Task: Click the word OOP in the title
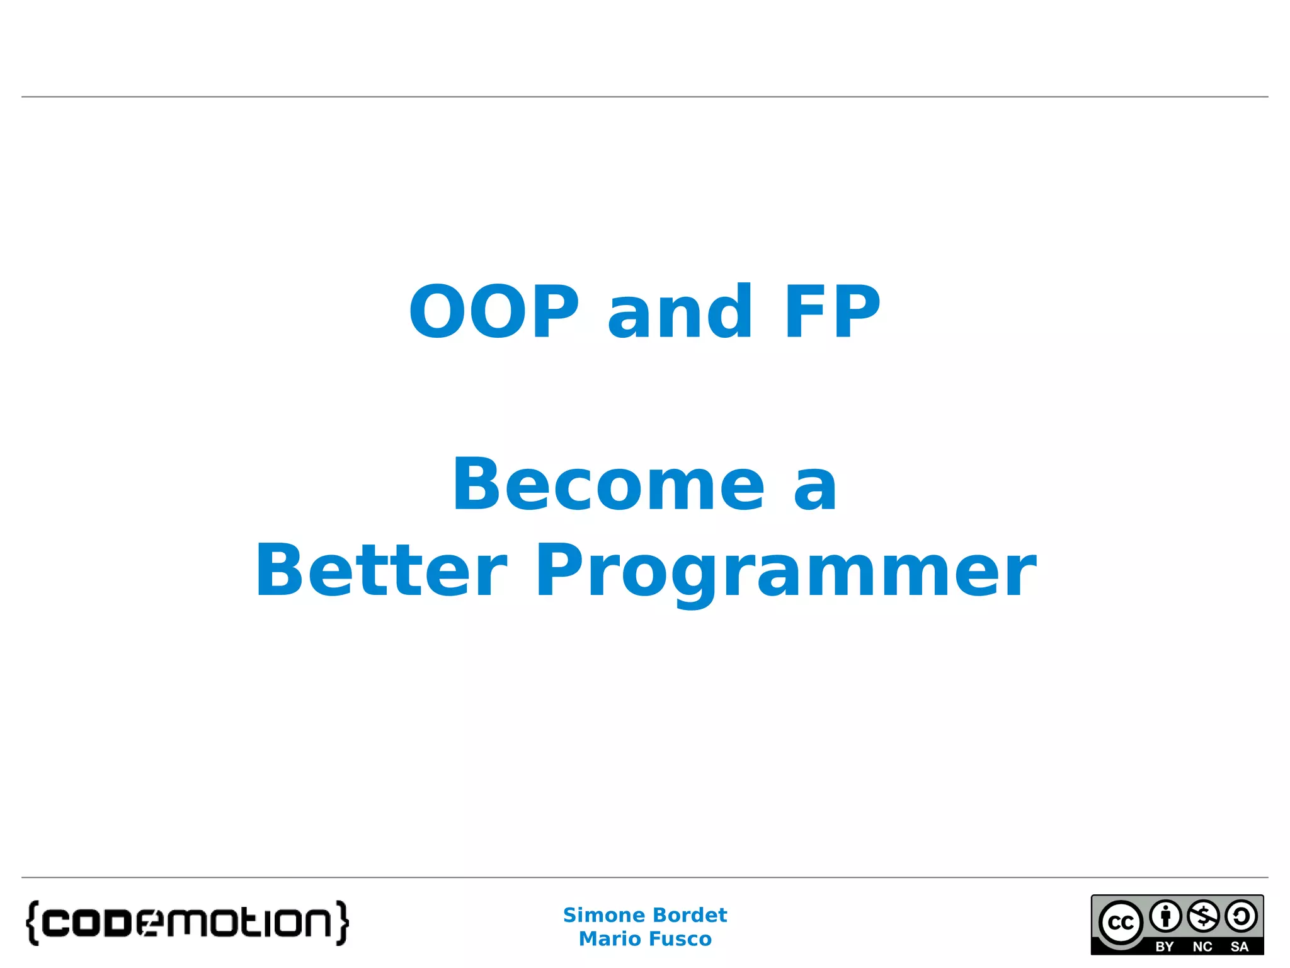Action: (x=494, y=312)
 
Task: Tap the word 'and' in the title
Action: (x=680, y=312)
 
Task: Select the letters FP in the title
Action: (x=831, y=312)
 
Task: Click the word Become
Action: (x=608, y=485)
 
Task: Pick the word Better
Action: (x=380, y=571)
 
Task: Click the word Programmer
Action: (x=785, y=571)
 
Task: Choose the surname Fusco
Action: (x=680, y=939)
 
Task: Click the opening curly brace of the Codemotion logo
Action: (x=33, y=923)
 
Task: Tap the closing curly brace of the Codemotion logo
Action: (x=342, y=923)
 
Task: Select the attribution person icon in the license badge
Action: (x=1165, y=916)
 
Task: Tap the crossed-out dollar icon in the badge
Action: (x=1203, y=916)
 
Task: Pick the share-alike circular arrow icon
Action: (x=1241, y=916)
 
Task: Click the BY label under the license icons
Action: (x=1165, y=947)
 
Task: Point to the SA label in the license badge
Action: (x=1240, y=947)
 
